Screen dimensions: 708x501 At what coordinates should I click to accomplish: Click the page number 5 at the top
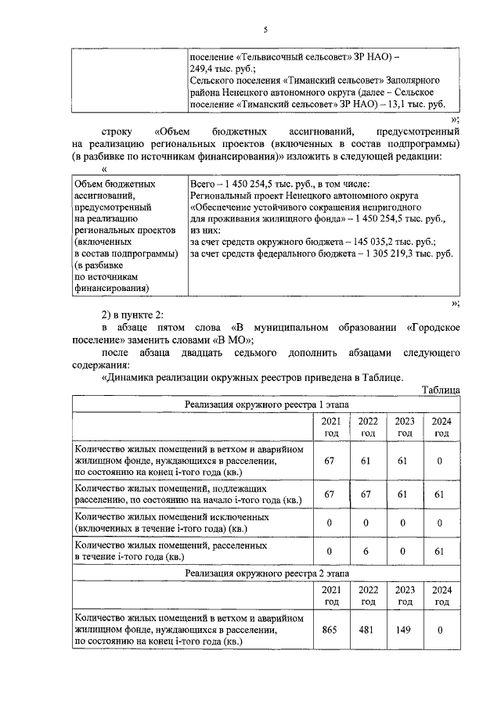(x=265, y=31)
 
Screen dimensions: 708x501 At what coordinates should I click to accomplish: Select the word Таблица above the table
(x=440, y=390)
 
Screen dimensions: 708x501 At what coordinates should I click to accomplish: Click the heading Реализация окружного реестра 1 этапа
(x=268, y=404)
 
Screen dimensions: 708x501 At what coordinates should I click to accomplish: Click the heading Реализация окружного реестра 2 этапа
(x=268, y=573)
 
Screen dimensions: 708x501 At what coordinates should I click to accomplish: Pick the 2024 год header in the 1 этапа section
(x=441, y=427)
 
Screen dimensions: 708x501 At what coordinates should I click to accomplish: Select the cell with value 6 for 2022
(x=367, y=551)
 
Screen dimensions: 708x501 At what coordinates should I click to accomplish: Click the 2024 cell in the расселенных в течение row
(x=441, y=551)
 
